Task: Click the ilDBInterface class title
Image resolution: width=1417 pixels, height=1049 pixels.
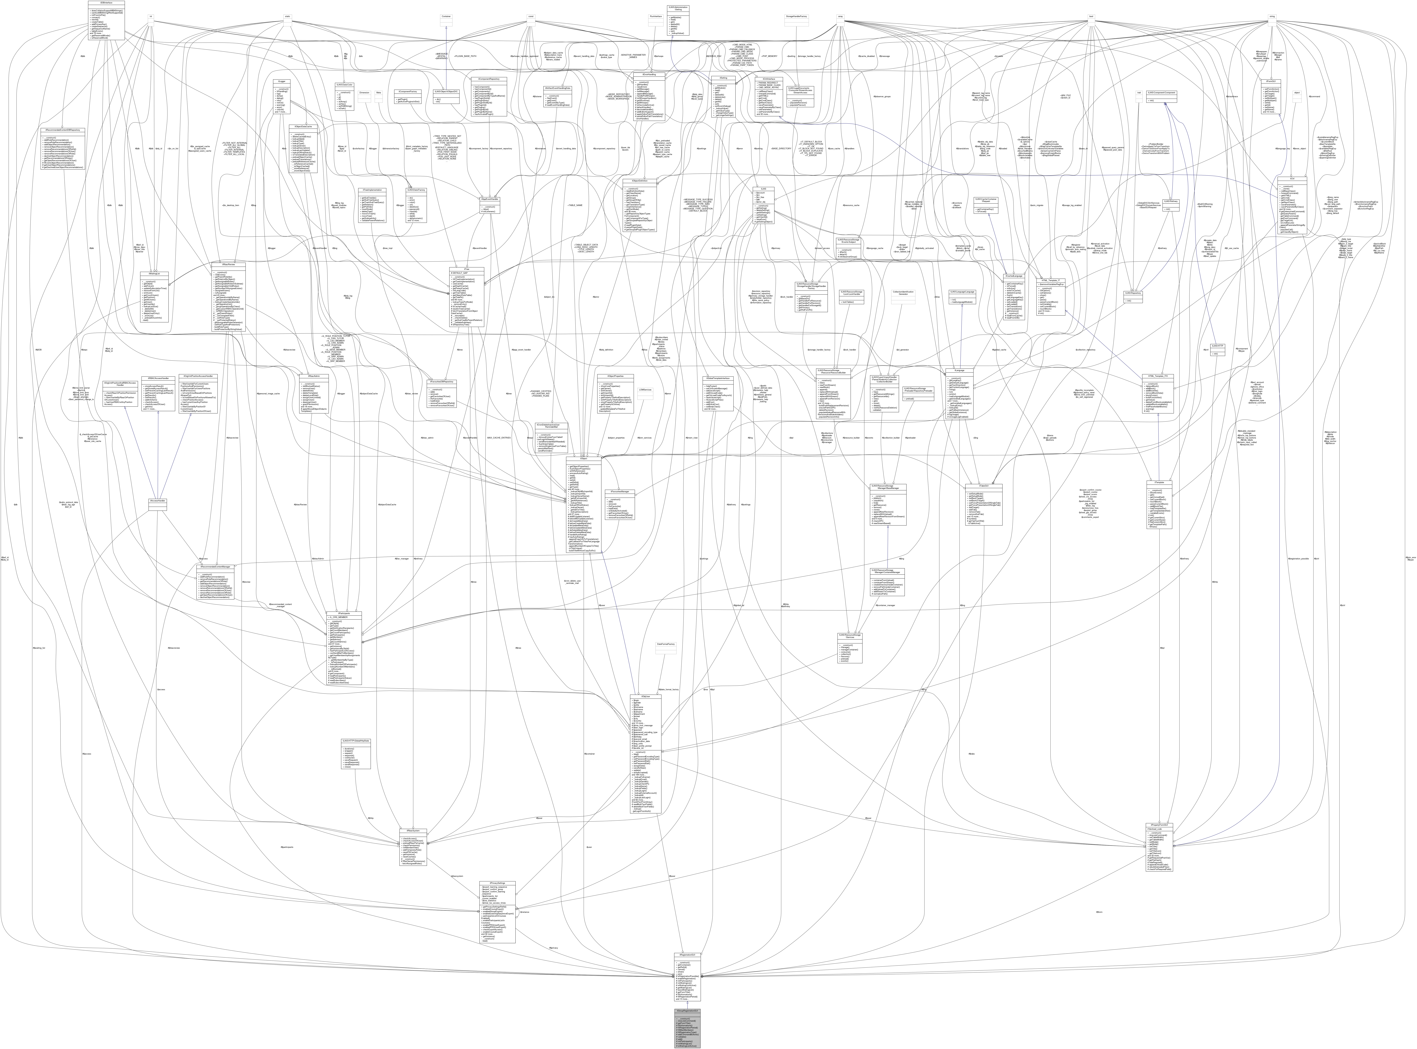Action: pos(107,2)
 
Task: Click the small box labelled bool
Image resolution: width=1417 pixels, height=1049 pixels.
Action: pos(1091,17)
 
